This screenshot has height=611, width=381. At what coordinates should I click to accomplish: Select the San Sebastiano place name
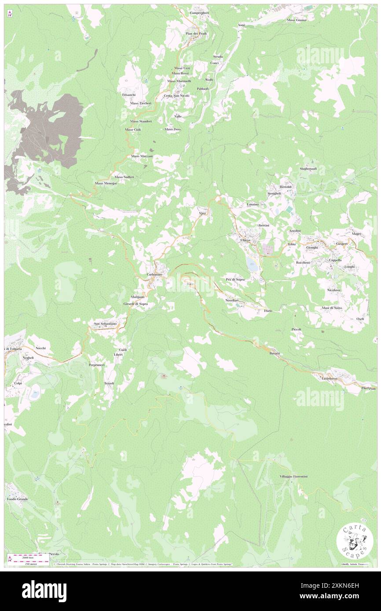point(105,324)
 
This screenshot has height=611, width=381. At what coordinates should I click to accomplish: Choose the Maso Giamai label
point(297,20)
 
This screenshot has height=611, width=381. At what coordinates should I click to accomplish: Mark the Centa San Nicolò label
point(176,95)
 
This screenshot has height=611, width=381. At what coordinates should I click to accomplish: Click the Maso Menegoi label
point(106,183)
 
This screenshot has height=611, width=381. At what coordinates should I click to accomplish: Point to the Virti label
point(203,213)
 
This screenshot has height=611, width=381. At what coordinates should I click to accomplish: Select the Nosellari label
point(232,300)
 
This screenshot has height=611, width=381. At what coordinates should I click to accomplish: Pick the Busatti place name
point(275,353)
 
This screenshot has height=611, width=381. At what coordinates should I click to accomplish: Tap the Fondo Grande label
point(17,499)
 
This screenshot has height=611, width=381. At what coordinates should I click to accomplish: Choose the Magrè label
point(356,234)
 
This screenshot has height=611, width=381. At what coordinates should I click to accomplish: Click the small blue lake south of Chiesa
point(252,265)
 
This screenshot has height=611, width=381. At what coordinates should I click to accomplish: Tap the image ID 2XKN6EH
point(353,596)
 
